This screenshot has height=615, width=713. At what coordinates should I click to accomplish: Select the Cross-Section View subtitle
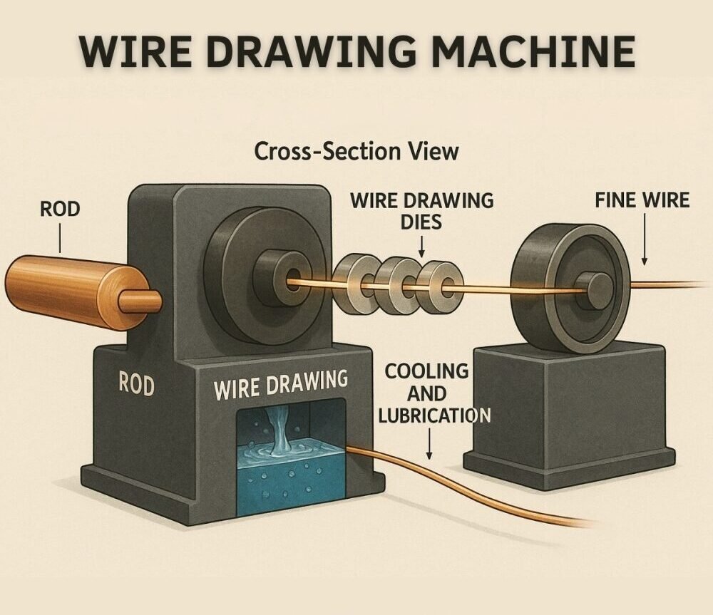tap(356, 151)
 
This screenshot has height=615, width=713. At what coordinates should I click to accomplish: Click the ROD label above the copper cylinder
tap(61, 210)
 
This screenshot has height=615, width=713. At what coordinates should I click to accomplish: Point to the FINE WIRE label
tap(642, 200)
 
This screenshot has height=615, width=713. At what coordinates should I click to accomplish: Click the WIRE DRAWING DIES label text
tap(421, 211)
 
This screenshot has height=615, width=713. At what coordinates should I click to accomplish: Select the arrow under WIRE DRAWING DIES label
tap(421, 247)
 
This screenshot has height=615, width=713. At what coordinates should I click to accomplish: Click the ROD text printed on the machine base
tap(135, 386)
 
